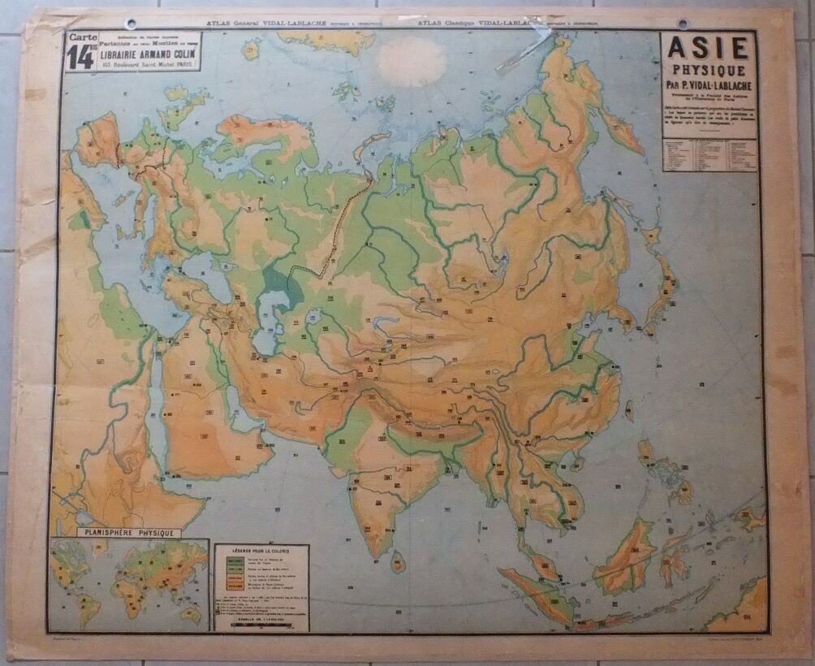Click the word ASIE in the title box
[709, 49]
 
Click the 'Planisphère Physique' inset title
[128, 533]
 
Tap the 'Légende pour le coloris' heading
[262, 551]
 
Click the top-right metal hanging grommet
[683, 24]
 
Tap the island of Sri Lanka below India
[398, 560]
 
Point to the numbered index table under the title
[709, 154]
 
